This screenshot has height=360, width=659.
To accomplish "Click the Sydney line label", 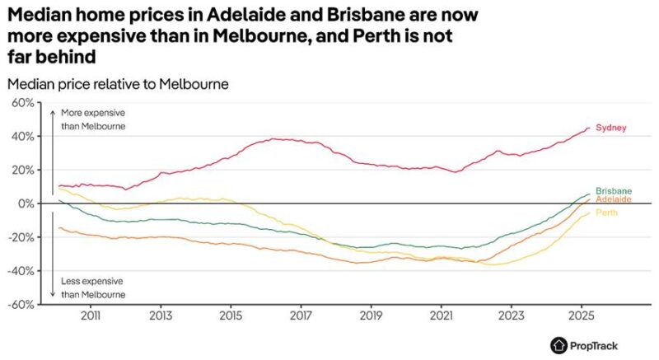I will (x=611, y=128).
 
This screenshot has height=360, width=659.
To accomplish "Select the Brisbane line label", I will (x=614, y=190).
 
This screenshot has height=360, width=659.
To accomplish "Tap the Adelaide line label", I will (x=614, y=199).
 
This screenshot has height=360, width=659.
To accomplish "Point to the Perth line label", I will (x=607, y=213).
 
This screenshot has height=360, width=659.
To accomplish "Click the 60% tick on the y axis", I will (x=22, y=103).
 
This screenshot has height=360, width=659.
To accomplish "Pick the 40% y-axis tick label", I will (x=22, y=136).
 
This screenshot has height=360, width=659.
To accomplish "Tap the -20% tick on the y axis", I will (x=21, y=236).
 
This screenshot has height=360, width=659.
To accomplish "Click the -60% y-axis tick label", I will (x=21, y=304).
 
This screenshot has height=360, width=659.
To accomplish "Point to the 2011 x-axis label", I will (x=91, y=316).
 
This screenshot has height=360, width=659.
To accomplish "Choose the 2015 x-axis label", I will (x=231, y=316).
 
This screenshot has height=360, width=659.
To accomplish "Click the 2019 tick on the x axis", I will (x=372, y=316).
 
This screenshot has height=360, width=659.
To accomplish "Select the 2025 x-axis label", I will (x=582, y=316).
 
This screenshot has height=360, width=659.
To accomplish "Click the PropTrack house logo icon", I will (x=559, y=345).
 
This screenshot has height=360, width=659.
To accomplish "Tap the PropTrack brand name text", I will (x=593, y=345).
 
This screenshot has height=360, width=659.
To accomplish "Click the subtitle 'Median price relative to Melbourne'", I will (x=117, y=84).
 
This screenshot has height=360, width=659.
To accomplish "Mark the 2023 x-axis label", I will (x=512, y=316).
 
